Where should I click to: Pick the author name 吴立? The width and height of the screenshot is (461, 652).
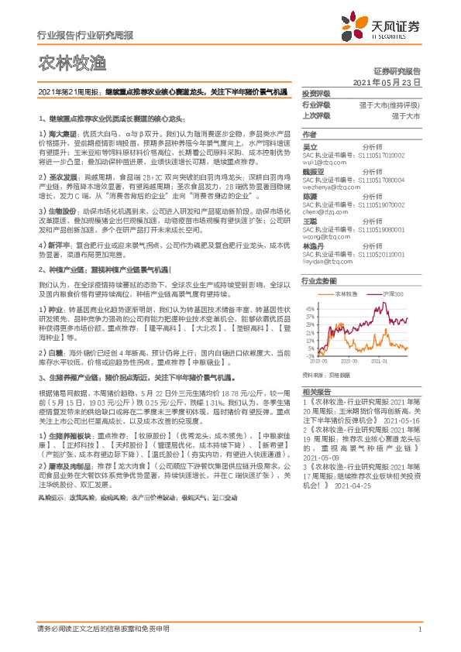310,146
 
